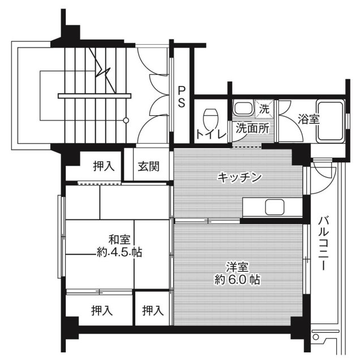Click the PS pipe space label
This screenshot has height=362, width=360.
[182, 97]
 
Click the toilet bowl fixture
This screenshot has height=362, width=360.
[211, 117]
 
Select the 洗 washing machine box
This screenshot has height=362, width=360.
[264, 106]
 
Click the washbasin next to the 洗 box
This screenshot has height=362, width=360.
[244, 108]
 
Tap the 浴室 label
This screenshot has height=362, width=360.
[308, 119]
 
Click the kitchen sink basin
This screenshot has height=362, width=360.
[274, 207]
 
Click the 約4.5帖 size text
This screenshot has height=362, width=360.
[118, 253]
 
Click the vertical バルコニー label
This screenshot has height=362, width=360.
[324, 243]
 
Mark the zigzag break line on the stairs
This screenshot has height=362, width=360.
[104, 68]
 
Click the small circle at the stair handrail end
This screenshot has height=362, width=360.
[126, 120]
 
